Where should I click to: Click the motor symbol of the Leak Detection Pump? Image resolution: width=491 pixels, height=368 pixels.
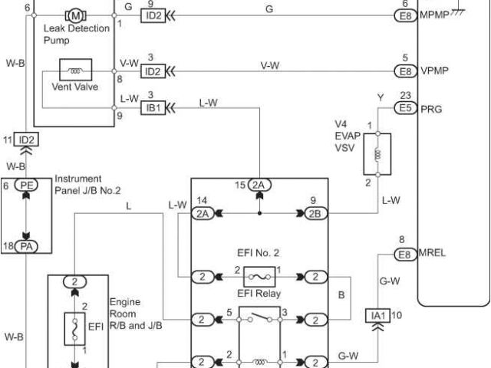click(x=76, y=15)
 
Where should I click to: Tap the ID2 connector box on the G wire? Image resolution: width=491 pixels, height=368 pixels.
click(x=152, y=15)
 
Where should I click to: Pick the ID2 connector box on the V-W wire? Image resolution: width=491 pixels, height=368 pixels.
click(x=152, y=71)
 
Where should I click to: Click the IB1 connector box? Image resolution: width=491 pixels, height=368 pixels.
click(x=152, y=107)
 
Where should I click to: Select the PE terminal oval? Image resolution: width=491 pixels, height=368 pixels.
click(x=28, y=186)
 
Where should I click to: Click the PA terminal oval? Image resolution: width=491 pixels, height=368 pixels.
click(x=28, y=246)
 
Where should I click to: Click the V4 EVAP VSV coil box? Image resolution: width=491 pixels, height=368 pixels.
click(x=377, y=154)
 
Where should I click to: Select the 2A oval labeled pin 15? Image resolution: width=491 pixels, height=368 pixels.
click(x=259, y=185)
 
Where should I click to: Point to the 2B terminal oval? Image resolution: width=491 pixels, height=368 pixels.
click(x=315, y=214)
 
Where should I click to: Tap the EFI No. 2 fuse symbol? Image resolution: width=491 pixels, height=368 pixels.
click(x=259, y=276)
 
